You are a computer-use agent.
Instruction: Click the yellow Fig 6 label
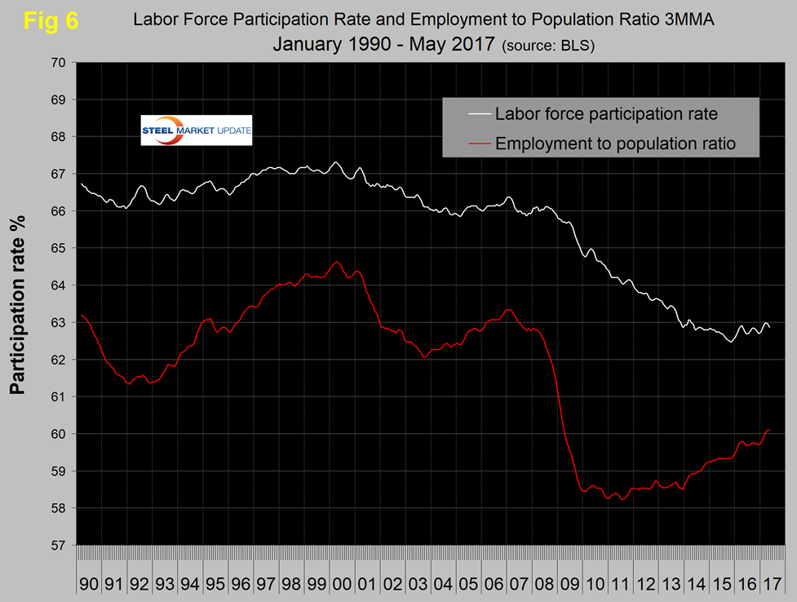coord(51,21)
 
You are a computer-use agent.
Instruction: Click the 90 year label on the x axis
coord(90,586)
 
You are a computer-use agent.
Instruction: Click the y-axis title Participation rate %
coord(18,303)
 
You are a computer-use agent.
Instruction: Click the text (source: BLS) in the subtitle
coord(549,46)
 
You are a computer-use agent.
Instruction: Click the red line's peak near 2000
coord(337,261)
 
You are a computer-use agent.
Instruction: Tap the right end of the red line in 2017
coord(768,430)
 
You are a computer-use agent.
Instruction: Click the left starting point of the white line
coord(82,184)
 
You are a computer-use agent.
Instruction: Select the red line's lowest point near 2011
coord(622,499)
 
